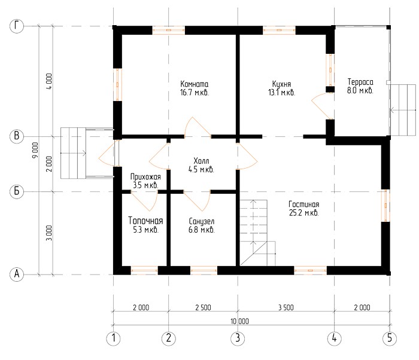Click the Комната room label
[195, 88]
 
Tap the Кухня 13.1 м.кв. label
[282, 88]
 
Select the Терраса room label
[360, 86]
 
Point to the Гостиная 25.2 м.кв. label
[304, 208]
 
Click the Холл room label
[201, 165]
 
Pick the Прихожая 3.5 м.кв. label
[145, 181]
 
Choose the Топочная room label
[145, 225]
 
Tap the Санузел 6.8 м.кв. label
[202, 225]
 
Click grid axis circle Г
[17, 26]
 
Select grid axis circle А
[17, 274]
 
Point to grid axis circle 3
[238, 338]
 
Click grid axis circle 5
[390, 338]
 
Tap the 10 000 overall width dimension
[239, 321]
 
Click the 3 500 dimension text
[286, 307]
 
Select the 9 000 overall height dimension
[35, 150]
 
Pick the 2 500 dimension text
[203, 307]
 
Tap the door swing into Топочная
[144, 201]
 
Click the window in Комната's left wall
[117, 85]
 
